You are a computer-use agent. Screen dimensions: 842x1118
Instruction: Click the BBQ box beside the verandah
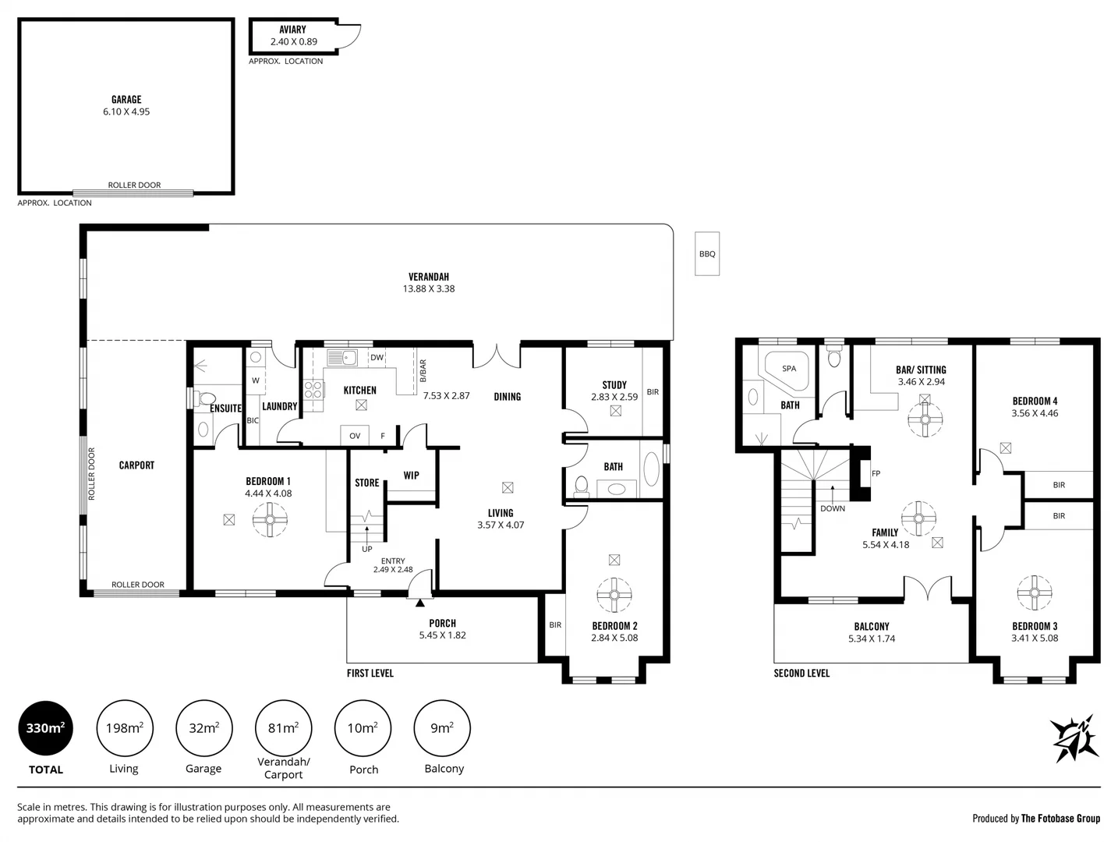(707, 253)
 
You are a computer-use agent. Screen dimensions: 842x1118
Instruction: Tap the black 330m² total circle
(45, 728)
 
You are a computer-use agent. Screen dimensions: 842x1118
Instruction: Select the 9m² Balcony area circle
(442, 728)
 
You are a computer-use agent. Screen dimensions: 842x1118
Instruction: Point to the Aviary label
(292, 30)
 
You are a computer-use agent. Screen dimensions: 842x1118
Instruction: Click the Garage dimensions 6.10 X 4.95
(126, 111)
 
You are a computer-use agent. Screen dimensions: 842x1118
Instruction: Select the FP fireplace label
(876, 473)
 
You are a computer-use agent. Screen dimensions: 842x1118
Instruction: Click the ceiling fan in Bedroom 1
(271, 519)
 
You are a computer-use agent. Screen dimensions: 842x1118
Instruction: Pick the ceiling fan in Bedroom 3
(1035, 593)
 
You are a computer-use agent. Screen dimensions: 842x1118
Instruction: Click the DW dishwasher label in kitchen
(377, 358)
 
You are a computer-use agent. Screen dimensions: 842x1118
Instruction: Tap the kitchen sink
(341, 358)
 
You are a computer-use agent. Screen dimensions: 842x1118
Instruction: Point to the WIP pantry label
(411, 476)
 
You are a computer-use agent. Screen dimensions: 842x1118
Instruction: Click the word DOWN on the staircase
(833, 508)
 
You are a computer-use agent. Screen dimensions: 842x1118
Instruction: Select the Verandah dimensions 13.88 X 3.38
(429, 288)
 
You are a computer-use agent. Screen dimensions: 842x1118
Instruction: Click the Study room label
(614, 385)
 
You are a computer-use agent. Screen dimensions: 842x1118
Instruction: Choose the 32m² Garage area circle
(203, 728)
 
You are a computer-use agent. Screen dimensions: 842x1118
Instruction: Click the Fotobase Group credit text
(1036, 818)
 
